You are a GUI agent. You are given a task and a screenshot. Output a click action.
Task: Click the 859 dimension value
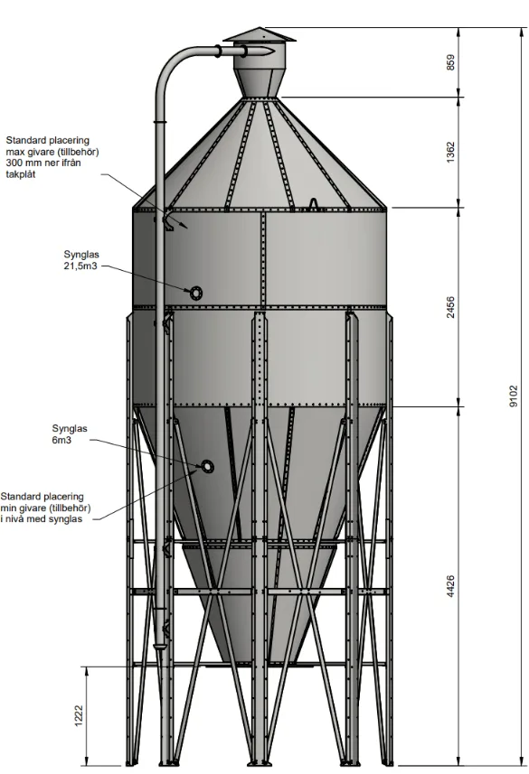(x=450, y=62)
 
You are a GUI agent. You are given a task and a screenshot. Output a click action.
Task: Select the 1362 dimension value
(x=450, y=153)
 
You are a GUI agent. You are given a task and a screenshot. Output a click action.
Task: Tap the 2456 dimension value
(x=450, y=307)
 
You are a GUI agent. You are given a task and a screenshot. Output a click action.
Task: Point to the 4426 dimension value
(x=450, y=586)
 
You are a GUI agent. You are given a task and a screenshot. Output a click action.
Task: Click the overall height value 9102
(x=514, y=396)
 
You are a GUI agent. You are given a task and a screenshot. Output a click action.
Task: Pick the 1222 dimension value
(x=79, y=715)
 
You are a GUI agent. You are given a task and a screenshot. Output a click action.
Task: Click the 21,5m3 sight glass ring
(x=196, y=293)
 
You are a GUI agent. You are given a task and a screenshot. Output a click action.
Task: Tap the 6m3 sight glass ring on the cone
(x=207, y=466)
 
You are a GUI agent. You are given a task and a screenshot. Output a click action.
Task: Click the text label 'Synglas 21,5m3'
(x=81, y=260)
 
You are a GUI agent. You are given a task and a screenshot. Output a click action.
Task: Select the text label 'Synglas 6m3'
(x=70, y=434)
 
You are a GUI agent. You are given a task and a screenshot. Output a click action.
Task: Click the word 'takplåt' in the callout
(x=21, y=174)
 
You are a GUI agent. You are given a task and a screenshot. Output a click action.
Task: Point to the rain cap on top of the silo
(x=259, y=36)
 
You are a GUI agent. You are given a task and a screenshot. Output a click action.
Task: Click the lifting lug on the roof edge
(x=314, y=204)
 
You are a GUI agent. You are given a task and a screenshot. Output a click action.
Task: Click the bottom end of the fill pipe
(x=160, y=648)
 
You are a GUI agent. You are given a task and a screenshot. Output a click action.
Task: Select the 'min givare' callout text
(x=45, y=508)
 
